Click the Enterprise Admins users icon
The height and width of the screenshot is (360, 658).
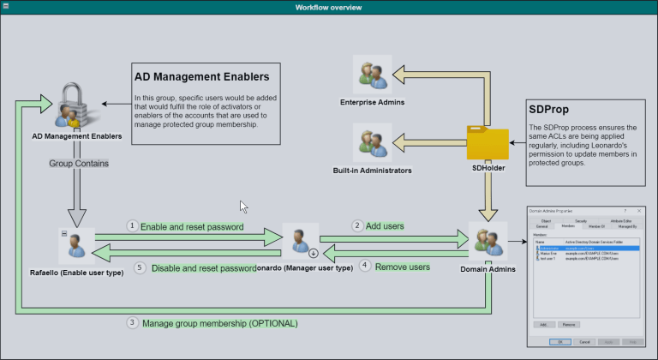point(372,75)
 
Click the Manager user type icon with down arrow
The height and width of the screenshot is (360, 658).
point(301,241)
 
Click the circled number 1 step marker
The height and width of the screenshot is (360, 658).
point(132,226)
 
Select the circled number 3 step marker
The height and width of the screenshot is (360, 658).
point(132,323)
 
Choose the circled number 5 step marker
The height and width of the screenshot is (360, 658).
point(141,267)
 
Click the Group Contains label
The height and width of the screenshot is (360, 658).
point(78,163)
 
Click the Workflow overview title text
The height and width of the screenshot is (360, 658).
point(328,8)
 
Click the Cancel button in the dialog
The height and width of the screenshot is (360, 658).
point(583,340)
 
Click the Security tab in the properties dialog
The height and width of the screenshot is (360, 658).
point(580,220)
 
